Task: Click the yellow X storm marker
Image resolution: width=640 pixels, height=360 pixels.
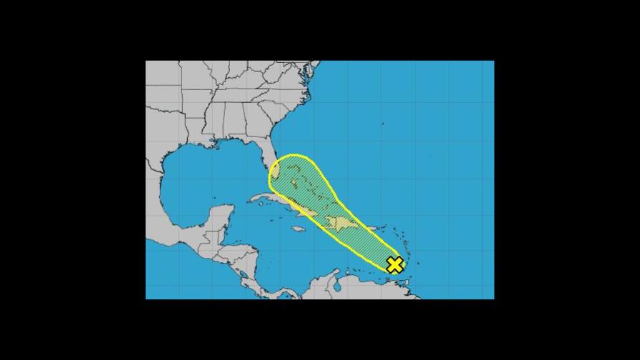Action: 394,265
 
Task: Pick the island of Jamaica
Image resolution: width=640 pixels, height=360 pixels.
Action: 299,229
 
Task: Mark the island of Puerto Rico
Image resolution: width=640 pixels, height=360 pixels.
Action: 373,229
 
